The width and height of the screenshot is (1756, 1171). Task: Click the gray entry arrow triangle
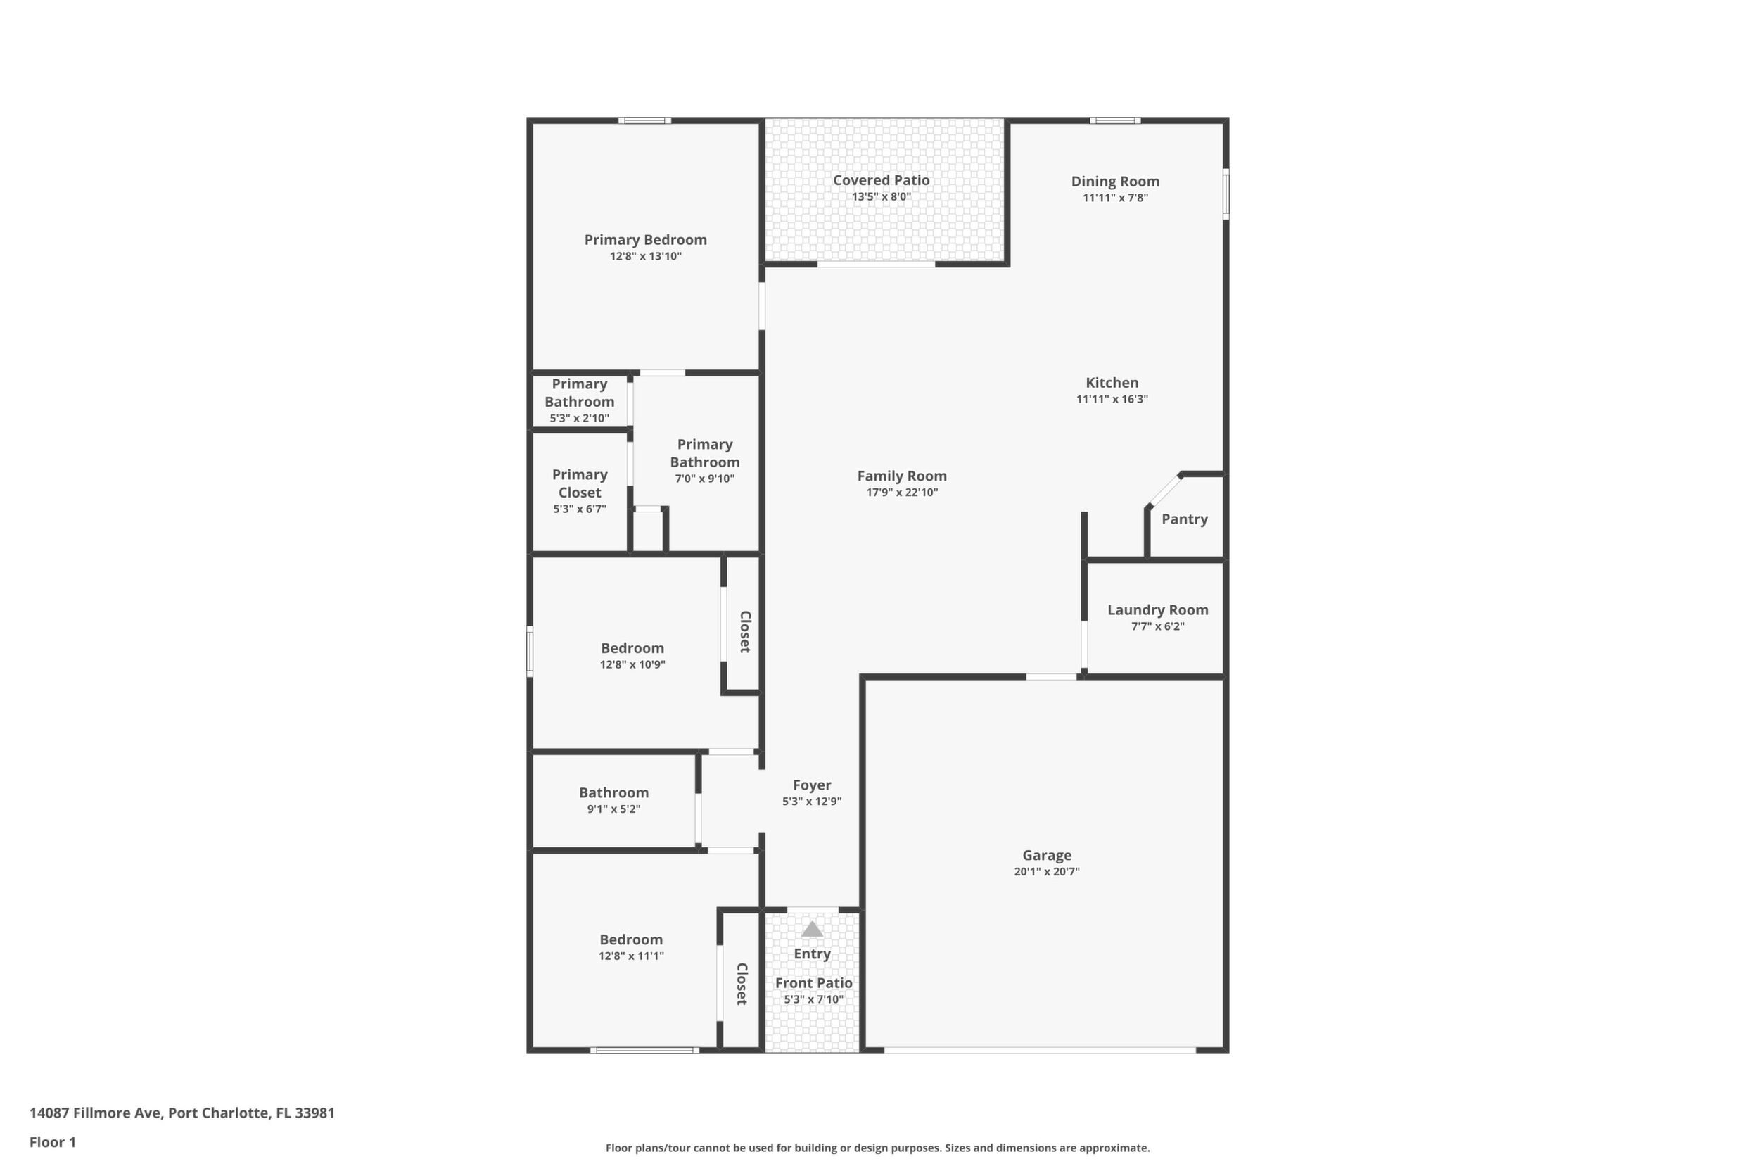click(x=813, y=929)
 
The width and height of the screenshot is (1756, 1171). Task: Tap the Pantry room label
click(x=1184, y=519)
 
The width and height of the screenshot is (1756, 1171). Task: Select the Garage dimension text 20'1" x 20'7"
click(x=1047, y=871)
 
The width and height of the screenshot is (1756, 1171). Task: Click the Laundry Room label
click(x=1157, y=610)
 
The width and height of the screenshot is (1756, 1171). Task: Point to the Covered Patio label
click(x=881, y=180)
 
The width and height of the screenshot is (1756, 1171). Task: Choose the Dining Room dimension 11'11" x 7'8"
click(x=1115, y=198)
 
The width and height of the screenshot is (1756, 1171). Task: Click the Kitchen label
click(x=1112, y=382)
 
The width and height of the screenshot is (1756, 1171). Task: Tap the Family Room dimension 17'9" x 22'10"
click(x=902, y=492)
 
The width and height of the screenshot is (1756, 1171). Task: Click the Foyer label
click(x=812, y=785)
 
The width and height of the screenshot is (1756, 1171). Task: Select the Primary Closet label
click(x=580, y=484)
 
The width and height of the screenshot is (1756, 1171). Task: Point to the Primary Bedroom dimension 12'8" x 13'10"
click(x=646, y=256)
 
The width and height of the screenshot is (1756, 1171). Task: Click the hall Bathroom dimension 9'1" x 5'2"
click(x=613, y=809)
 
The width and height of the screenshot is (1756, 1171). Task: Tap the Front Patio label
click(x=814, y=983)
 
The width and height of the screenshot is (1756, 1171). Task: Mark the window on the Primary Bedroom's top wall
click(x=644, y=120)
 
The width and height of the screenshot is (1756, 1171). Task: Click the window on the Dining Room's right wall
click(x=1226, y=194)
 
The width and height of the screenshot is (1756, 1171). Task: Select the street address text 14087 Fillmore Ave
click(x=95, y=1113)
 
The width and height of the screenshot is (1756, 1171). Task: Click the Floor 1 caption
click(x=52, y=1142)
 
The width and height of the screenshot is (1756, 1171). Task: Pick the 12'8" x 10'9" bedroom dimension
click(x=632, y=664)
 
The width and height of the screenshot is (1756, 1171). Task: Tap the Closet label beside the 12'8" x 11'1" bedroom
click(x=742, y=984)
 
